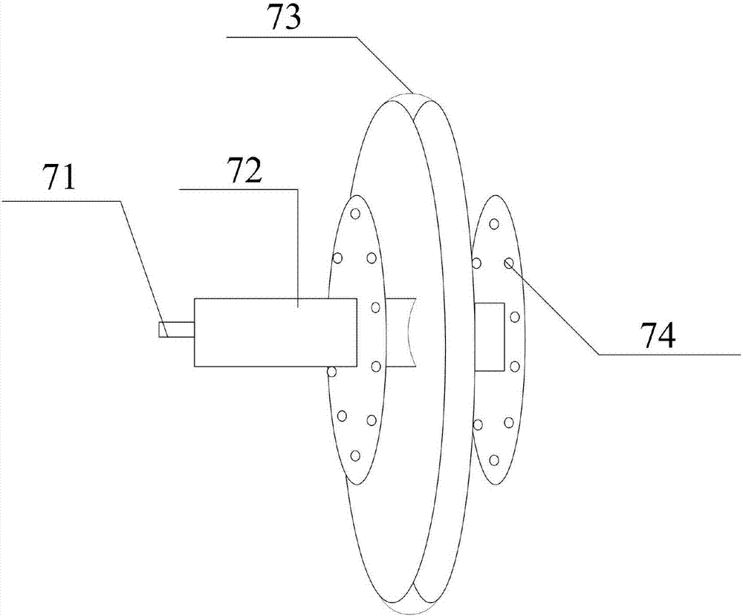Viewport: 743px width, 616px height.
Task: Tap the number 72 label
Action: [245, 173]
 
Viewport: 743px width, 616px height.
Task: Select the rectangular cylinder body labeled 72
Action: [275, 332]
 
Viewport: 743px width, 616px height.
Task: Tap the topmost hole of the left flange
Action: [355, 214]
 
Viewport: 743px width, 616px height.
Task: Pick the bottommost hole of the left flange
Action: [355, 455]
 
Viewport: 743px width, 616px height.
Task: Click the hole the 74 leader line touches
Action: [509, 263]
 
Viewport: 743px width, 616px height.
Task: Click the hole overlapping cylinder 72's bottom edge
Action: [332, 370]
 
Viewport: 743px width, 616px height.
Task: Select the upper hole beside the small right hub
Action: [514, 317]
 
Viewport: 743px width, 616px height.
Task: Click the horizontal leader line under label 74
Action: [669, 355]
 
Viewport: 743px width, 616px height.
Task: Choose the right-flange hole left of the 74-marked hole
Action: [476, 263]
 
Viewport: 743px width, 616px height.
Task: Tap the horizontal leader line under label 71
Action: [59, 200]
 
